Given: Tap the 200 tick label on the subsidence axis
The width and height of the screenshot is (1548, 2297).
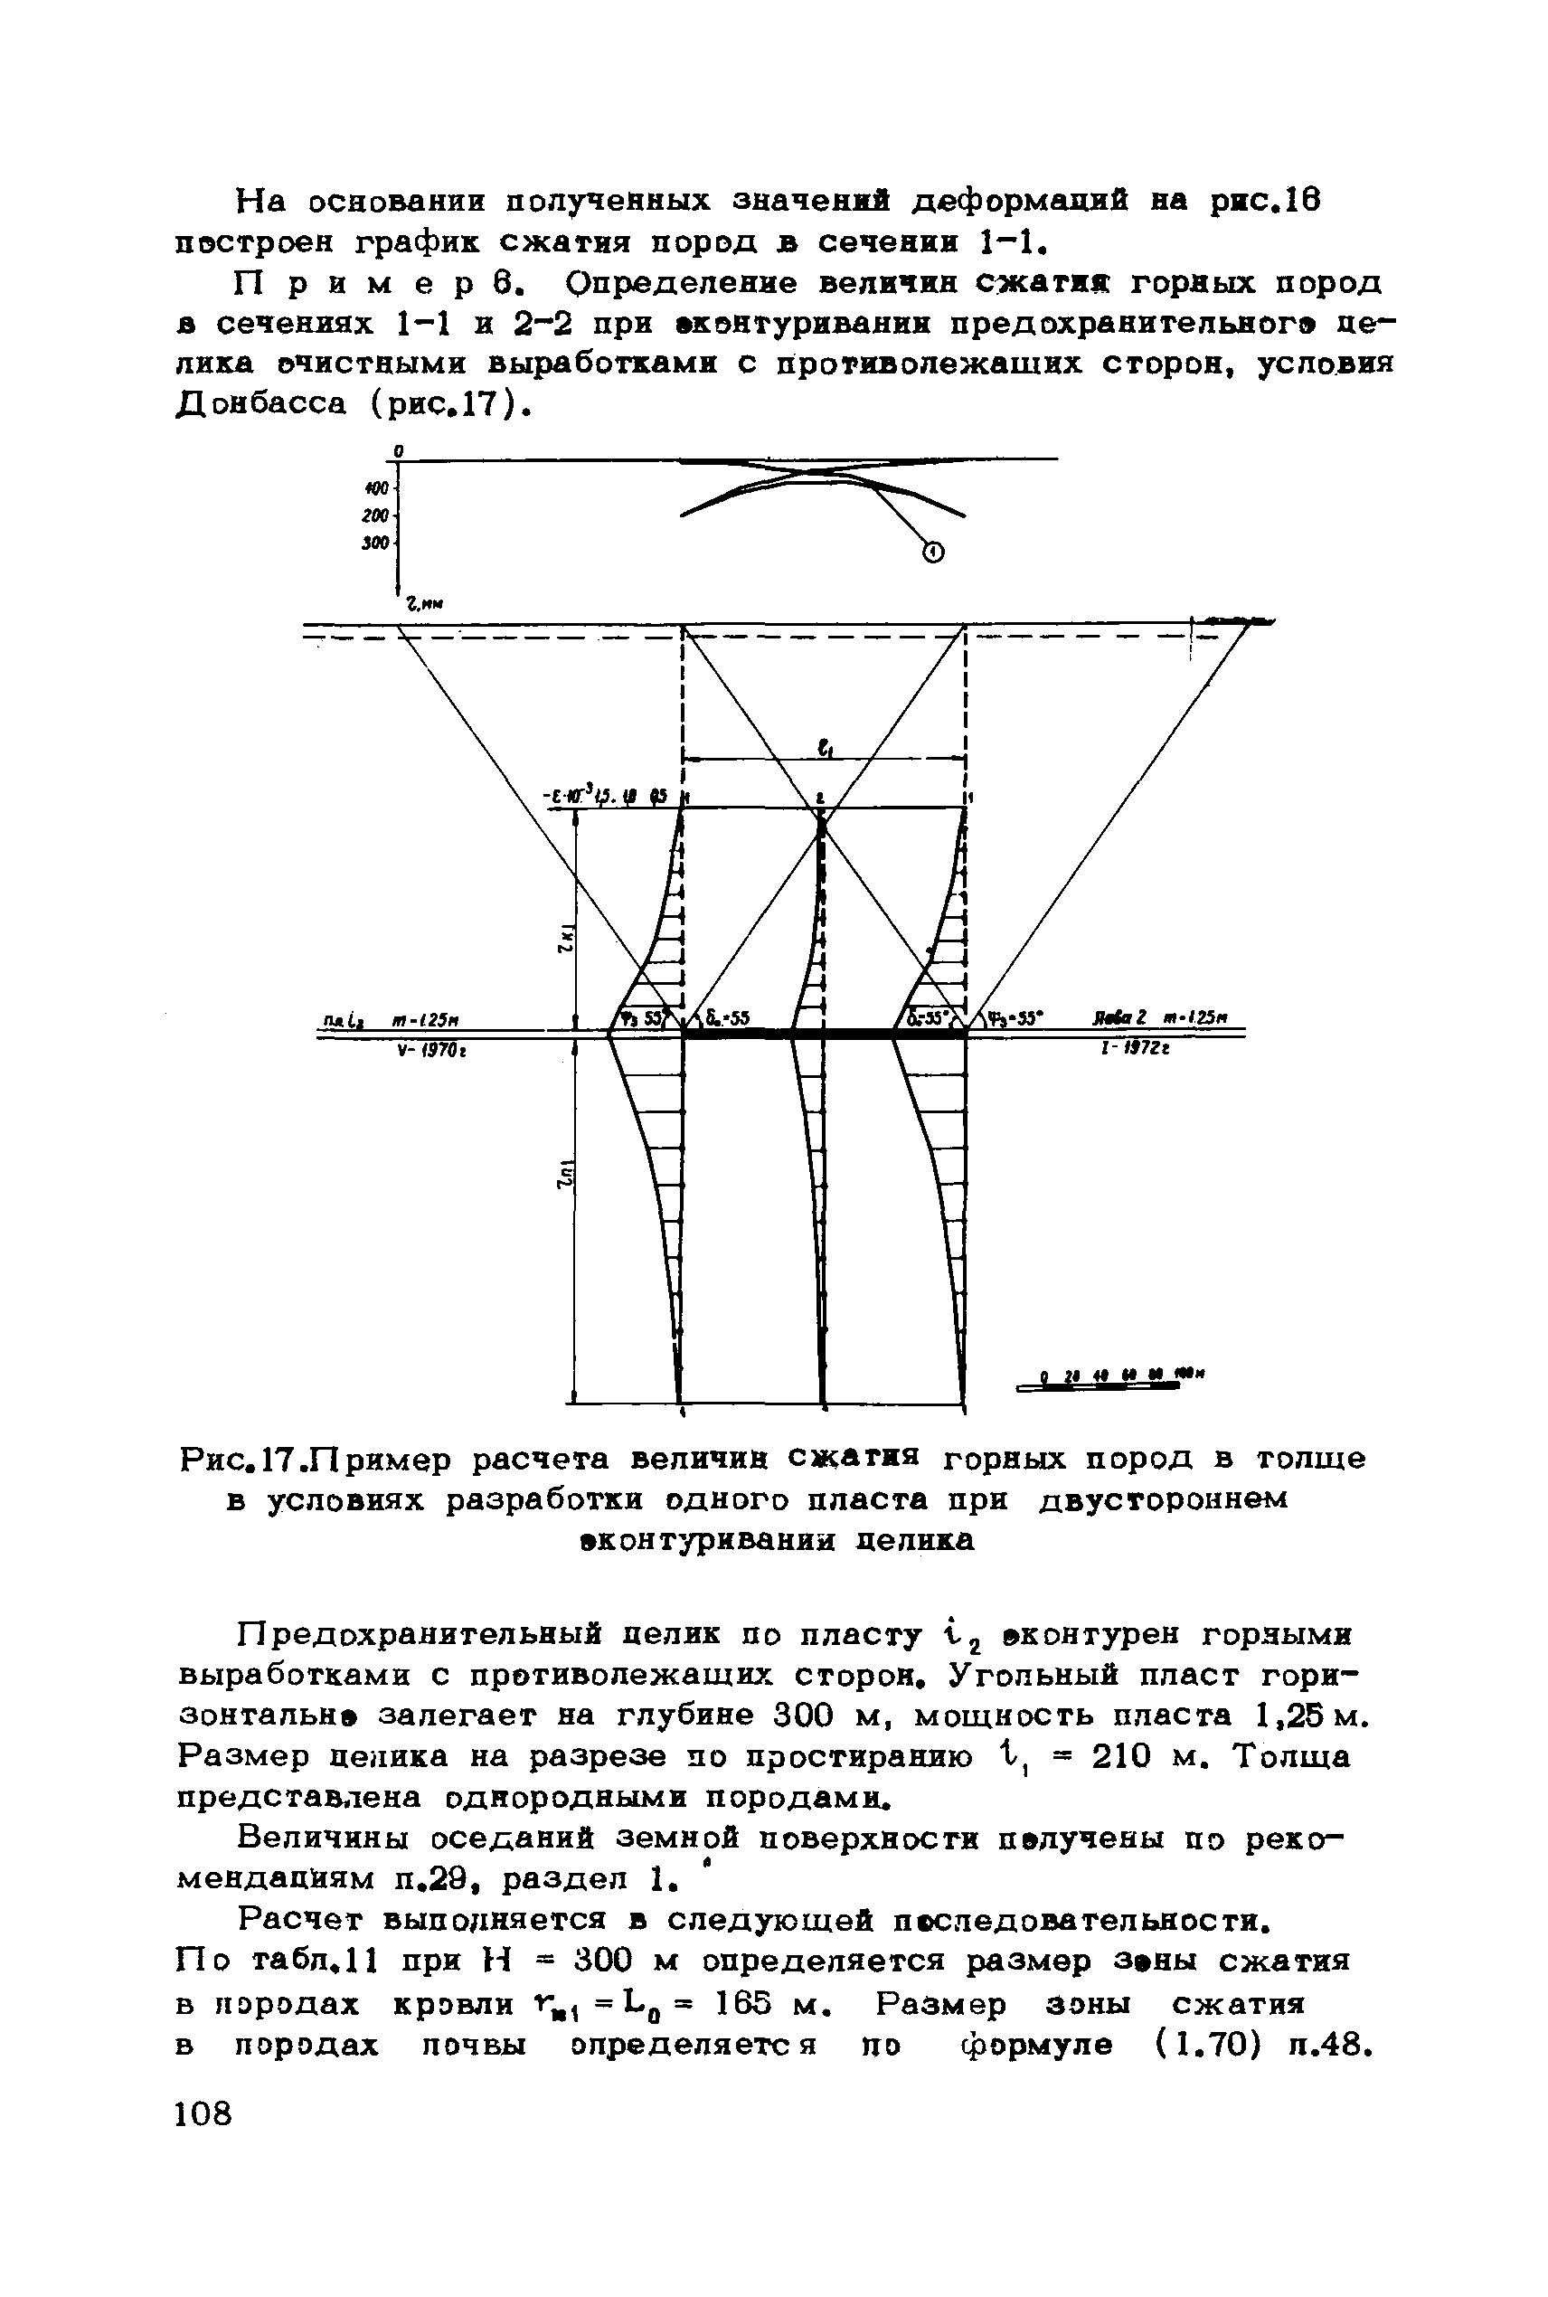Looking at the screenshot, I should pos(374,516).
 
